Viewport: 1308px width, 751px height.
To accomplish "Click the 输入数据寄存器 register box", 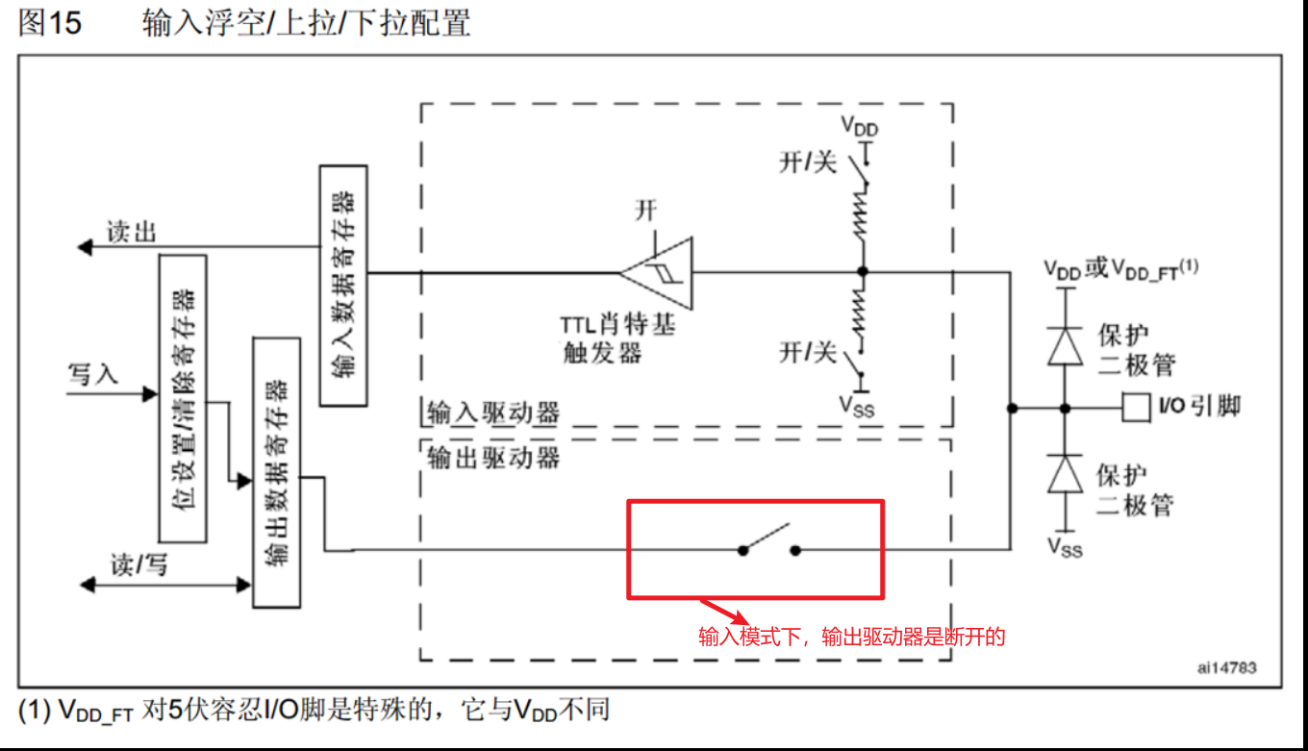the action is tap(342, 285).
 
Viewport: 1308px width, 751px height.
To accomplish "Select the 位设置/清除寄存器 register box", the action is tap(182, 398).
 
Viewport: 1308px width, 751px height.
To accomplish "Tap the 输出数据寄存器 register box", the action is tap(276, 471).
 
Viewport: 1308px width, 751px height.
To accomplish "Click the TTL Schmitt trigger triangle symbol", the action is tap(656, 273).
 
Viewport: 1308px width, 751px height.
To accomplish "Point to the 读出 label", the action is tap(131, 232).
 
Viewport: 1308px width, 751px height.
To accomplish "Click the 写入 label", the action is tap(92, 374).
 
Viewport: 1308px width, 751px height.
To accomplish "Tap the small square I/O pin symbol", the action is tap(1137, 408).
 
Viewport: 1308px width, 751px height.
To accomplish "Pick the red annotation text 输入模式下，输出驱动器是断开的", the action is tap(851, 637).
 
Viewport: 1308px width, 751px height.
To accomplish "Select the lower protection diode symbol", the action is tap(1065, 474).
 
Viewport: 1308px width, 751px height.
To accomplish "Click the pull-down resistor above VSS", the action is tap(863, 319).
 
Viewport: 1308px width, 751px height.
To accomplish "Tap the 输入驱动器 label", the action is tap(492, 413).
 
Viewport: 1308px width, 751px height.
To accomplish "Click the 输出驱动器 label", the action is tap(492, 457).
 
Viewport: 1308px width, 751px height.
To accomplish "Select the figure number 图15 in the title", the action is tap(50, 24).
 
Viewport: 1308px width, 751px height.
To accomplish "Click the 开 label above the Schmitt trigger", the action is tap(645, 209).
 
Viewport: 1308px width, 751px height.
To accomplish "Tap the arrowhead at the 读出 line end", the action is tap(85, 248).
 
